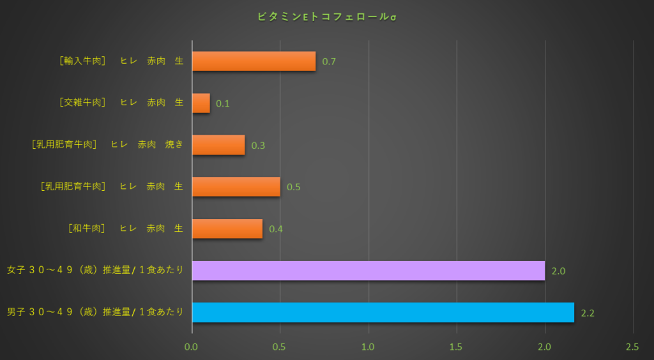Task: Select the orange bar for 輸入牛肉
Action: [254, 61]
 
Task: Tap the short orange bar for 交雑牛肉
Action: [201, 103]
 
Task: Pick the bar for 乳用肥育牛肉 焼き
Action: [218, 145]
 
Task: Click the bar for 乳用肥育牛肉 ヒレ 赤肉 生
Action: [236, 187]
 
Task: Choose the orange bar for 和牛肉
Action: [227, 229]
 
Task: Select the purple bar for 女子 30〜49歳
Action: [368, 271]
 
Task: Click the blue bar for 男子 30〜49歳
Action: [383, 312]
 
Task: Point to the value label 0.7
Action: [329, 62]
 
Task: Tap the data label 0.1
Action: [223, 103]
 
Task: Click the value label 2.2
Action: [588, 313]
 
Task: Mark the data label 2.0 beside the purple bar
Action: [558, 271]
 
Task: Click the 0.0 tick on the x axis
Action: [192, 347]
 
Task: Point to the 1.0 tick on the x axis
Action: [368, 347]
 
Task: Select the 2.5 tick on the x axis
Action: [632, 347]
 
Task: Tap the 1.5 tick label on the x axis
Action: [456, 347]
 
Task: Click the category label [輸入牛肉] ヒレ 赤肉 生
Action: [121, 61]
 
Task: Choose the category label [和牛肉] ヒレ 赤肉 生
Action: [125, 229]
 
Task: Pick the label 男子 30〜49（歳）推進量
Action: [95, 312]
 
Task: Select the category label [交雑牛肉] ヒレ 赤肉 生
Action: [121, 103]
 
